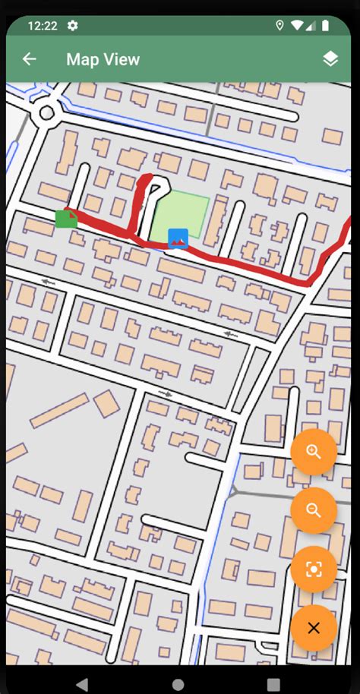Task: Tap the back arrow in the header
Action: [30, 59]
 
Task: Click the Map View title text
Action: [103, 59]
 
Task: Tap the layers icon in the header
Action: [330, 59]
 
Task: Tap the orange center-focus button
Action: [314, 569]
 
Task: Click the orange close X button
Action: [314, 628]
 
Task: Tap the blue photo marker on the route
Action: [178, 238]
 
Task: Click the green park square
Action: [181, 214]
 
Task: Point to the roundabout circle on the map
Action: [46, 113]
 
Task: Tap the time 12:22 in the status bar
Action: [43, 26]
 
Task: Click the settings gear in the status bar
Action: [73, 26]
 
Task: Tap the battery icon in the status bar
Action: [325, 26]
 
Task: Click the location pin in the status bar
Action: [279, 26]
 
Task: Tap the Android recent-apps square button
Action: [273, 683]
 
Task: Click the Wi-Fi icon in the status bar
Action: [296, 26]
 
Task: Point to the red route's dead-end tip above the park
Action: [147, 179]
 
